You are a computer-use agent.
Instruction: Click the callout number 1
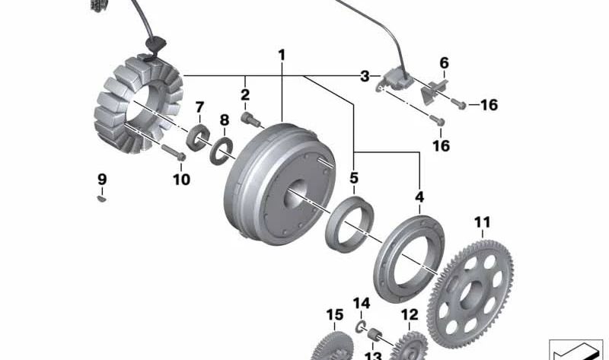282,55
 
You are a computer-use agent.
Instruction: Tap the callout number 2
245,94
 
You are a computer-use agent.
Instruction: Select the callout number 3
365,76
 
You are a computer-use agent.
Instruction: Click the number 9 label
102,180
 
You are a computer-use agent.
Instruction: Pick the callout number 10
181,179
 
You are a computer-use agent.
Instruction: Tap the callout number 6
444,63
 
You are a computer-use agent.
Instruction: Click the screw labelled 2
249,119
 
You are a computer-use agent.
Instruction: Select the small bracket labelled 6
433,91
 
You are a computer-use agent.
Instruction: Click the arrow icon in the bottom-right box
576,351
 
